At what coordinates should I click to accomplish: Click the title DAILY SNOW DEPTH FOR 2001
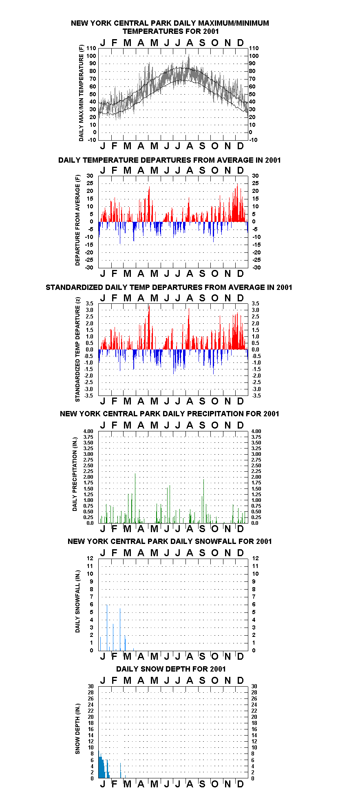click(171, 669)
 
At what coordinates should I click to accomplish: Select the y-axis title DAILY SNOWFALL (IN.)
click(77, 601)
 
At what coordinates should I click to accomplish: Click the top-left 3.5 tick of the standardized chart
click(90, 303)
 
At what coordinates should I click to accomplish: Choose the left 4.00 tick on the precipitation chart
click(88, 431)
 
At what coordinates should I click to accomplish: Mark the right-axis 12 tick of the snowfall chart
click(255, 558)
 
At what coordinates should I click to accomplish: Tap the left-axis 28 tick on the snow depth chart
click(91, 692)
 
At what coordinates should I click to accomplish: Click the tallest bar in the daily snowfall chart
click(107, 628)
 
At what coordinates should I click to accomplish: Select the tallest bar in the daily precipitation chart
click(135, 498)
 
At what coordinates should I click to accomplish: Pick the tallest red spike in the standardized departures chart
click(149, 327)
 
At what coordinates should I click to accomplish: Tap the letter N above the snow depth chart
click(228, 680)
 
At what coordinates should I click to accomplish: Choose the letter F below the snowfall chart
click(114, 656)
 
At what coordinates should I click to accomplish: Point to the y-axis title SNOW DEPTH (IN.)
click(77, 729)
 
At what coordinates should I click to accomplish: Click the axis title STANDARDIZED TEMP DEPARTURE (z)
click(77, 349)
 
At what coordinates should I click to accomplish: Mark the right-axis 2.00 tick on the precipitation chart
click(256, 477)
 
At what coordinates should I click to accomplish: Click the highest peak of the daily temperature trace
click(188, 55)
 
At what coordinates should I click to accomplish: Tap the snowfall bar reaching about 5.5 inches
click(120, 629)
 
